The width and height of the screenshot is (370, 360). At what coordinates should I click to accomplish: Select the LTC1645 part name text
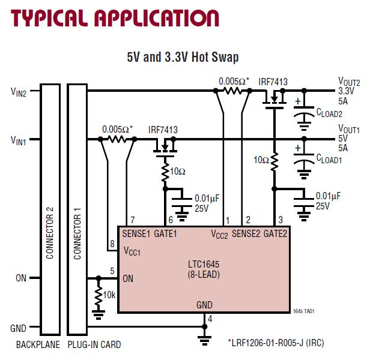[202, 263]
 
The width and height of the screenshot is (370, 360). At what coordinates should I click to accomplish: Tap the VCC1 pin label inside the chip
[132, 250]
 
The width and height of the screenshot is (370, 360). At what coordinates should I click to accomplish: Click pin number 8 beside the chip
[111, 244]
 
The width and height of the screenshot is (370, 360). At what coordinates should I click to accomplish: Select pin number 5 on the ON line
[112, 272]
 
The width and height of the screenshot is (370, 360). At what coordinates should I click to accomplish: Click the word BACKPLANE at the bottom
[36, 345]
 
